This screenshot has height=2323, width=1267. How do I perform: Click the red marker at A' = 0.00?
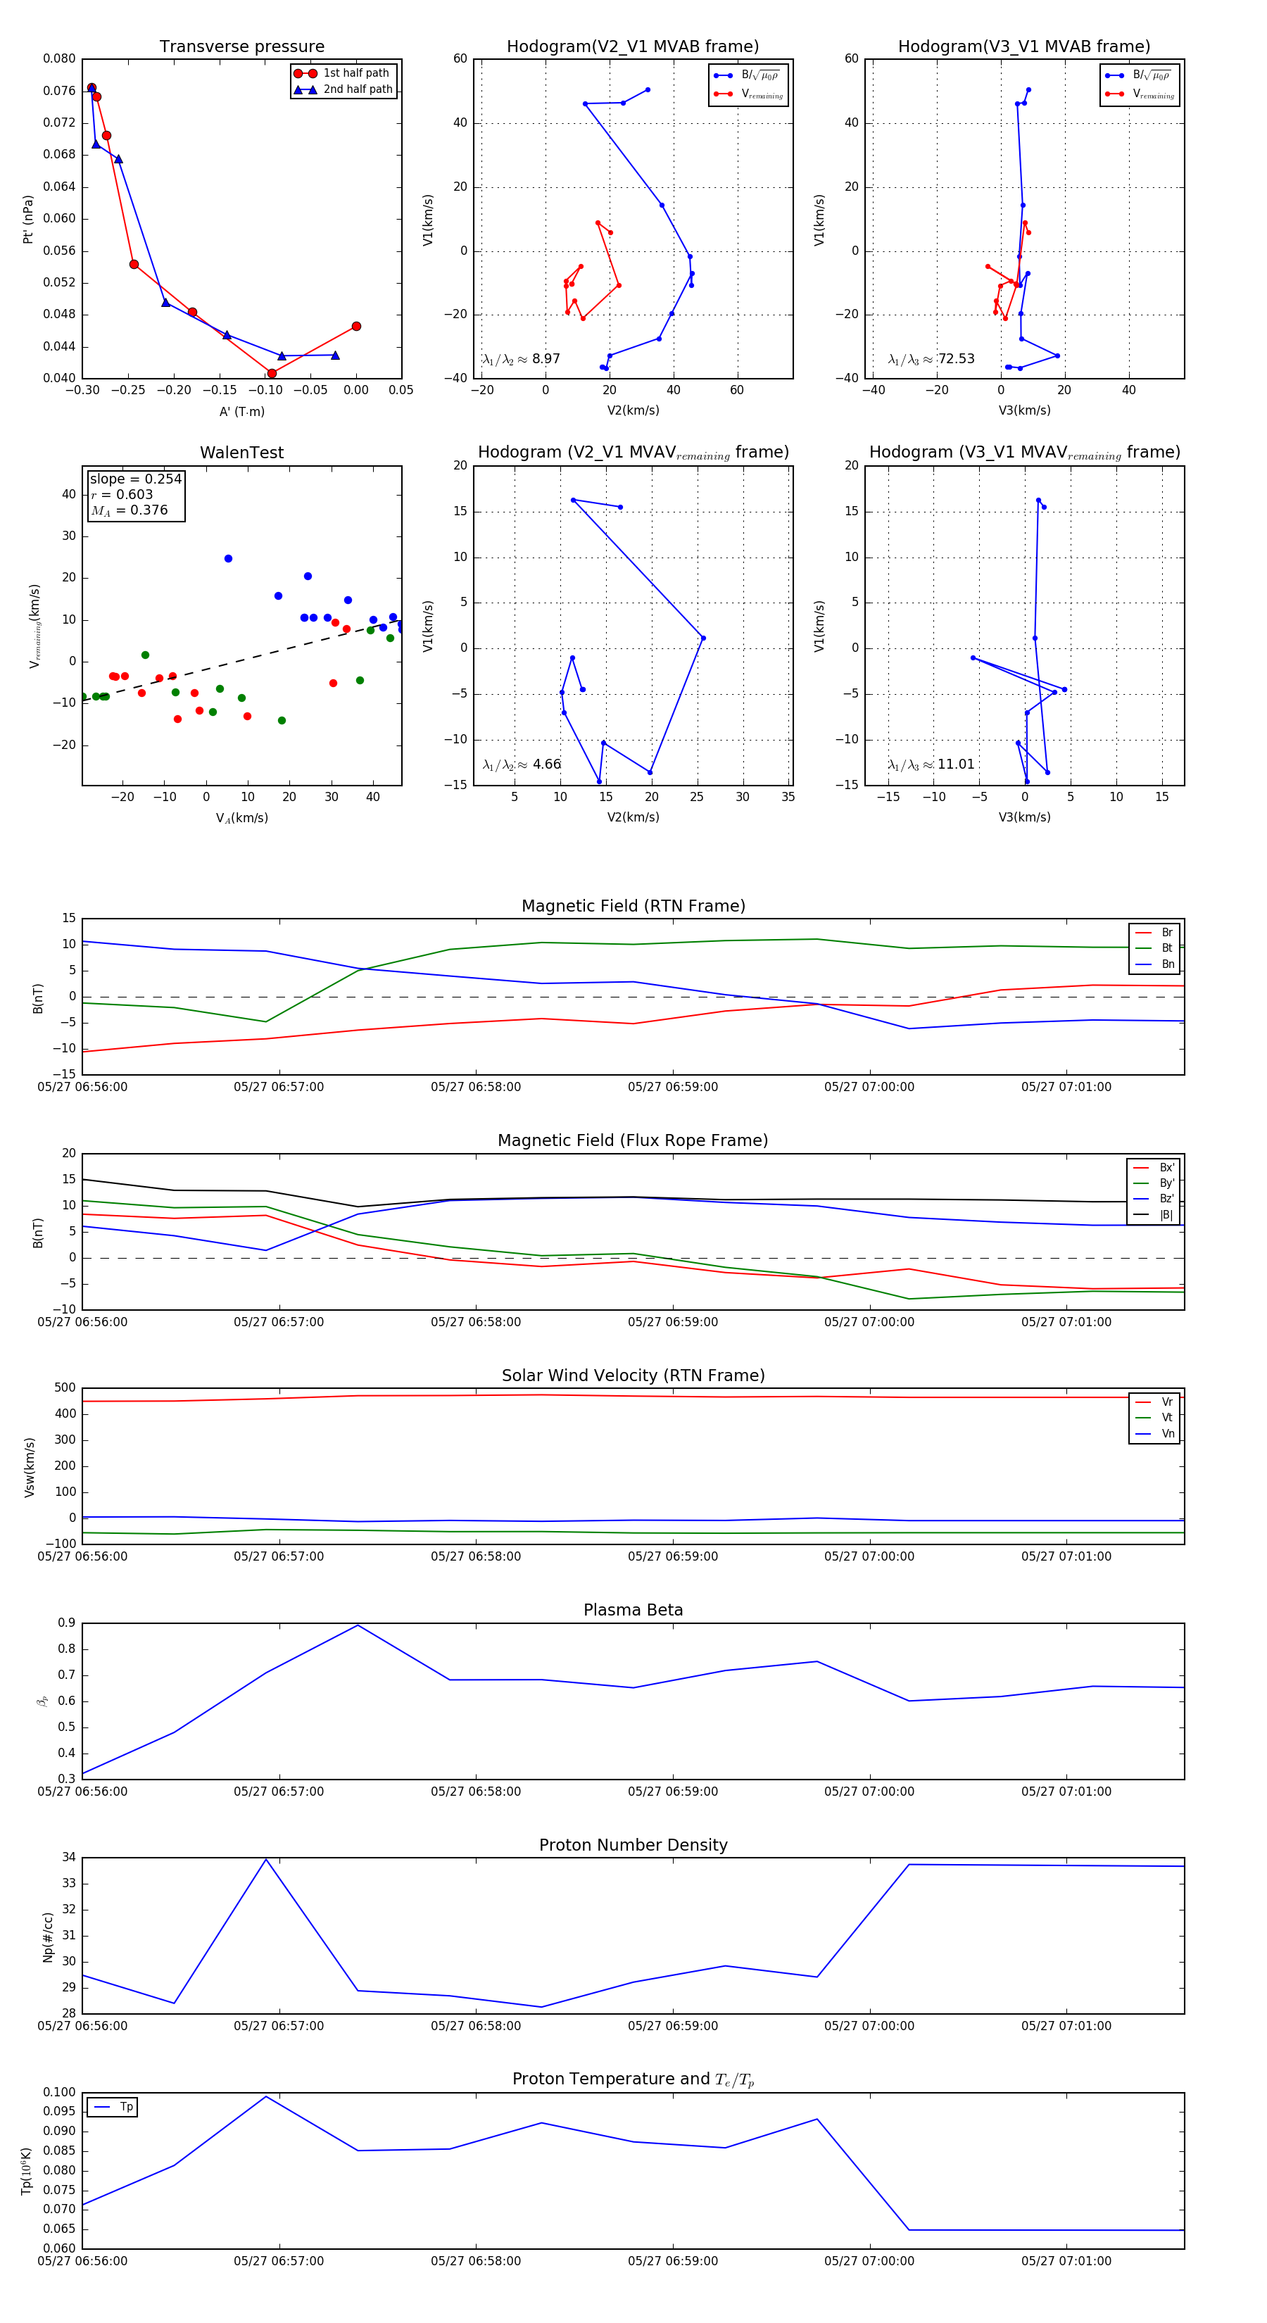click(356, 327)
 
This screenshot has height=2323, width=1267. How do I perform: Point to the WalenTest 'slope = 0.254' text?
click(135, 479)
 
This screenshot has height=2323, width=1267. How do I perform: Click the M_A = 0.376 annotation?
click(130, 510)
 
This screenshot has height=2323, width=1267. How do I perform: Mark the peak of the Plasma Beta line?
click(358, 1625)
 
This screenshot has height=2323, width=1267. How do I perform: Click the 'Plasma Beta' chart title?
click(633, 1610)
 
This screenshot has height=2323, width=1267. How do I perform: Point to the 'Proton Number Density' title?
click(633, 1845)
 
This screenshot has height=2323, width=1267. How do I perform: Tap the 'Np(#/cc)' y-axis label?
click(48, 1937)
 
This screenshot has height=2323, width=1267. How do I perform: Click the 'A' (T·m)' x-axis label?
click(241, 411)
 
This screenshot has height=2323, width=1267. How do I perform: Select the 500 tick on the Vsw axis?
click(65, 1388)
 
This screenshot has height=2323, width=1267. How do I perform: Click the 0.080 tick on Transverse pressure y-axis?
click(60, 58)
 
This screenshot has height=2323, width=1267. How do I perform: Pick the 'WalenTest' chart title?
click(241, 453)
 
